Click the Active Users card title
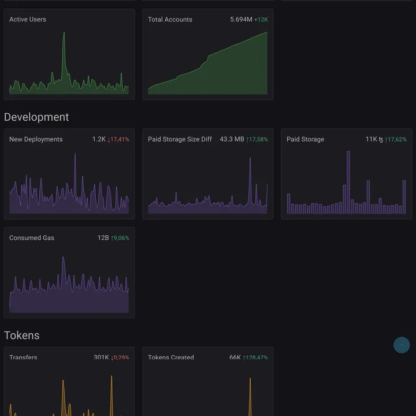click(x=28, y=20)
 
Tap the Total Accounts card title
click(x=170, y=20)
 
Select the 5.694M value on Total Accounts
click(x=241, y=20)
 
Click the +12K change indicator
click(x=261, y=20)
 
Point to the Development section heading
click(x=36, y=117)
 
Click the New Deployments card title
click(x=36, y=139)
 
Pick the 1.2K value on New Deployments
click(x=99, y=139)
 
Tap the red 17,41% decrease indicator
click(x=119, y=139)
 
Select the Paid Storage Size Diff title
click(x=180, y=139)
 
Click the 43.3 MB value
click(x=232, y=139)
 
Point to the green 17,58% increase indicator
click(x=257, y=139)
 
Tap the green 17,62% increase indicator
click(x=396, y=139)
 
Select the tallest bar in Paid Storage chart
click(x=348, y=182)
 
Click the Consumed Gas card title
click(x=32, y=238)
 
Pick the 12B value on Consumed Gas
click(x=103, y=238)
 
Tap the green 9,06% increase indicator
click(x=120, y=238)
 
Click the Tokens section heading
click(x=22, y=336)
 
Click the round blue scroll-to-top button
click(x=402, y=345)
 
